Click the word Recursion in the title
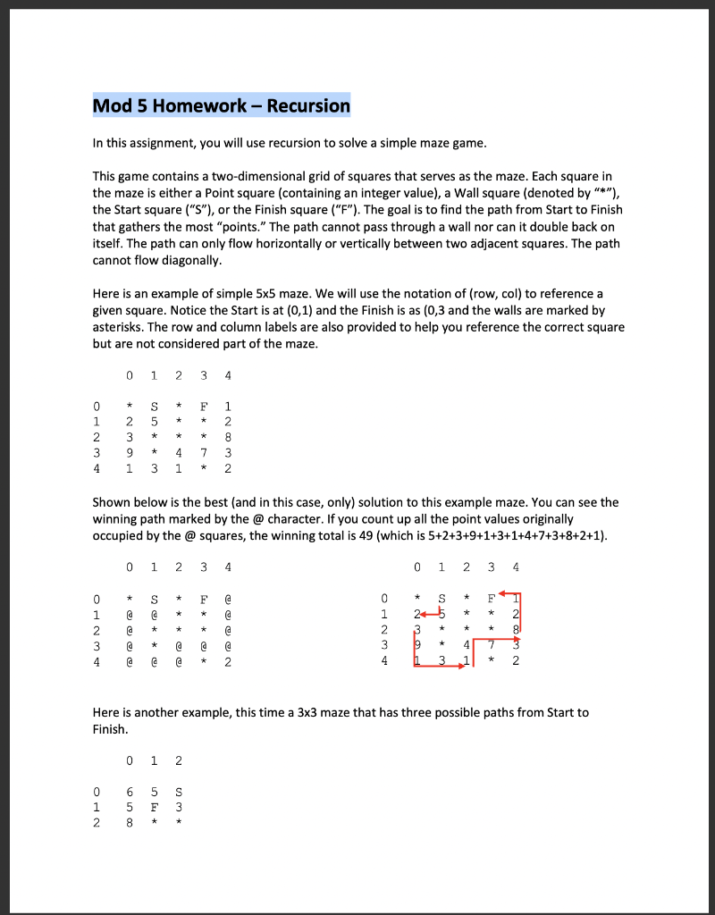[x=308, y=106]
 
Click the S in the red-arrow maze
[x=442, y=597]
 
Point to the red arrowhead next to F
[x=506, y=592]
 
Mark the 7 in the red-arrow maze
[x=490, y=646]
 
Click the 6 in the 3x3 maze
[x=130, y=791]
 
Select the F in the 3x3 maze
[x=156, y=807]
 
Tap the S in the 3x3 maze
[x=180, y=791]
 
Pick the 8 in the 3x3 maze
[x=130, y=823]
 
